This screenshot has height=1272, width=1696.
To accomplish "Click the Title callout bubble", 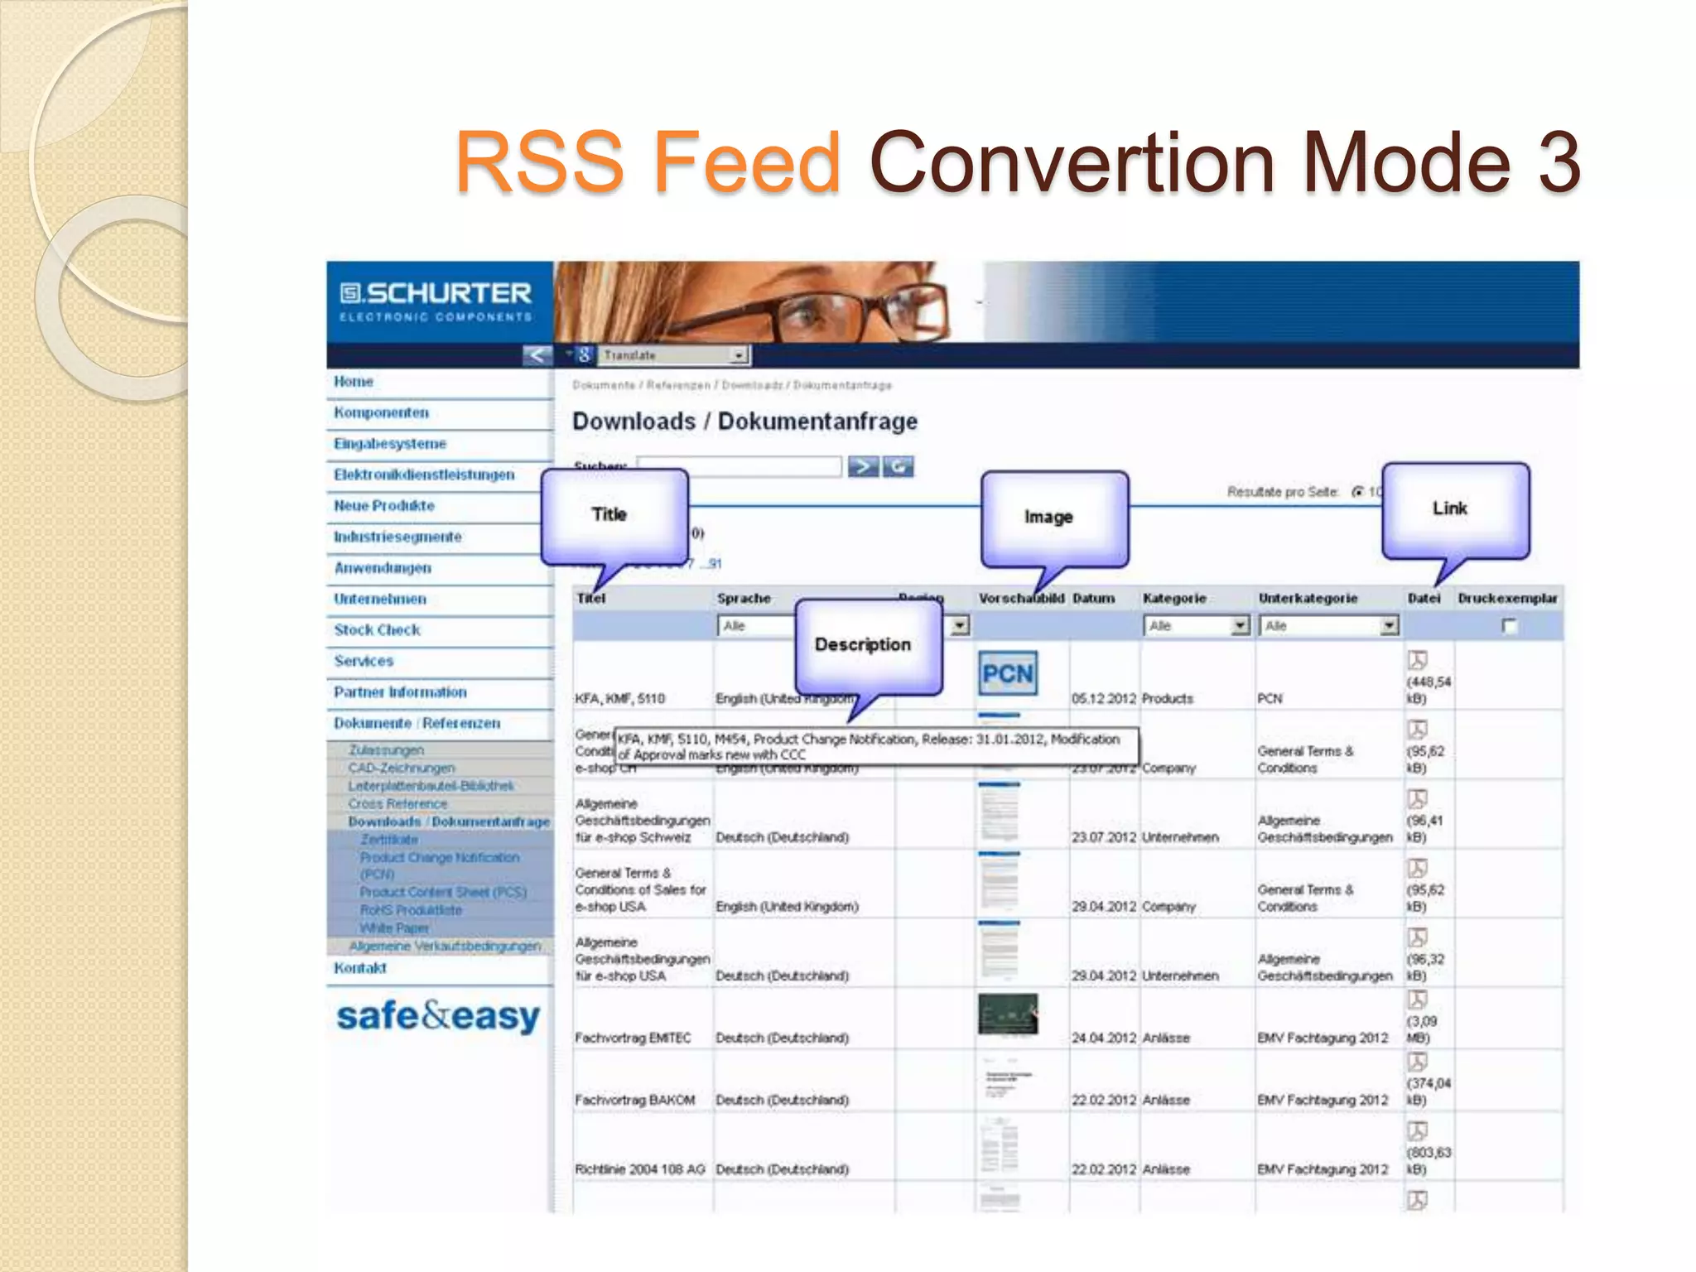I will tap(614, 515).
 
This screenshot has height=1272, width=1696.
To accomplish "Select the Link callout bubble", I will tap(1454, 508).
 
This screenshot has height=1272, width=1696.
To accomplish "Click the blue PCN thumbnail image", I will tap(1007, 673).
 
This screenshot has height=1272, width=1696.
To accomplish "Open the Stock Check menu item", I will tap(377, 630).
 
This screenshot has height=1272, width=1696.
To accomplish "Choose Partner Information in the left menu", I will tap(400, 692).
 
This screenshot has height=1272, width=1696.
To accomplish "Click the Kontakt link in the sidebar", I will tap(360, 968).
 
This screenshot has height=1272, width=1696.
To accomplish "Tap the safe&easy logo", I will tap(438, 1016).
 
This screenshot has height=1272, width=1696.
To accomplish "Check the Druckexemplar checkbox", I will tap(1509, 626).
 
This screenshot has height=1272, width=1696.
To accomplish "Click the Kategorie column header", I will tap(1173, 598).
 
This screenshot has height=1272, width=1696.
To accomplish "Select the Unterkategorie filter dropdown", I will tap(1327, 626).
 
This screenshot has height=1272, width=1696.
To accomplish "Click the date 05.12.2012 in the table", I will tap(1103, 699).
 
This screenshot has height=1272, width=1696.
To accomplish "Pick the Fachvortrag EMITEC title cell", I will tap(633, 1038).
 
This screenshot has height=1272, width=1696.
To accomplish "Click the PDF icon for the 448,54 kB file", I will tap(1417, 660).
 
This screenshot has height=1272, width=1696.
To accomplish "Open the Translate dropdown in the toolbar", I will tap(674, 355).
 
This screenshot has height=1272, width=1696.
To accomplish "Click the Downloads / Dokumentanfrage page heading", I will tap(744, 422).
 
